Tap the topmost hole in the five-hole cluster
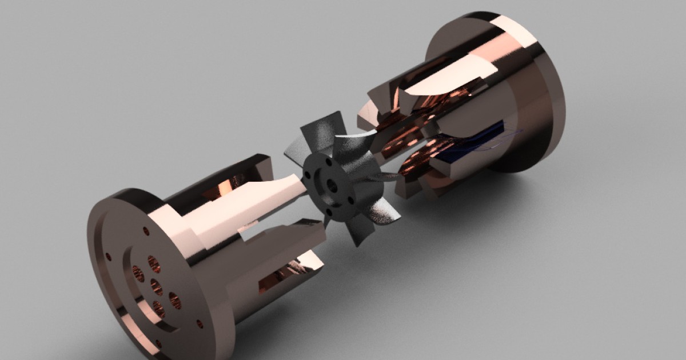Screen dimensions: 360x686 [x=154, y=263]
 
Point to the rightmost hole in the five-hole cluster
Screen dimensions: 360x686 [x=175, y=299]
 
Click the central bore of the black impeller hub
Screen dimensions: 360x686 [x=331, y=186]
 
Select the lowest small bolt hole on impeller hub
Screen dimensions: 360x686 [x=328, y=213]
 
